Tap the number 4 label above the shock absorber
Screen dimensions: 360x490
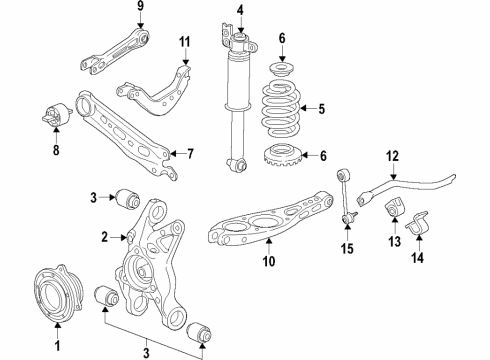pyautogui.click(x=239, y=11)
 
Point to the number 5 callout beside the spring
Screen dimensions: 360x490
pyautogui.click(x=320, y=110)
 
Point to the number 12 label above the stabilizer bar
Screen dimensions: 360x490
pyautogui.click(x=393, y=155)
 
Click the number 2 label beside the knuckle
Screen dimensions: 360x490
pyautogui.click(x=102, y=237)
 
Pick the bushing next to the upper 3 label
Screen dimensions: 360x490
pyautogui.click(x=128, y=195)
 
